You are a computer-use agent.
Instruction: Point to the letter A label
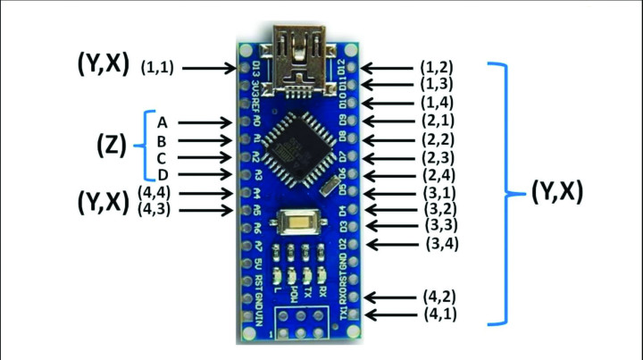tap(162, 121)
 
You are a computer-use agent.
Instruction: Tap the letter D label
tap(162, 174)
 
